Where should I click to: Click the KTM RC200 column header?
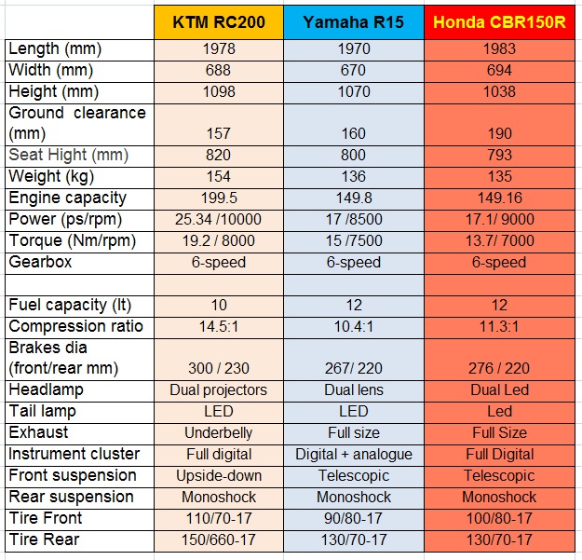[x=218, y=21]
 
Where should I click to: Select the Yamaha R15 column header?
[x=354, y=21]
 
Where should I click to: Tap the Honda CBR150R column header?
[x=499, y=21]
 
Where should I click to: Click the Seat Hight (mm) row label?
[x=69, y=155]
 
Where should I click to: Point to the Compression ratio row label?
[x=76, y=326]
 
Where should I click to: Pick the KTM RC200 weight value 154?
[x=218, y=177]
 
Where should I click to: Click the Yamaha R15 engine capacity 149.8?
[x=354, y=198]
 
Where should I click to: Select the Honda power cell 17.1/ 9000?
[x=499, y=220]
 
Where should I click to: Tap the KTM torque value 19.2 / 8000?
[x=218, y=241]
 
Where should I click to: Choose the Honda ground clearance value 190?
[x=499, y=134]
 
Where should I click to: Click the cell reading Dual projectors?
[x=218, y=390]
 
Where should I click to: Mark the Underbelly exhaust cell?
[x=218, y=433]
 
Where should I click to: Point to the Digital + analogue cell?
[x=354, y=455]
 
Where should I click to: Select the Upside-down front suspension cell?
[x=218, y=476]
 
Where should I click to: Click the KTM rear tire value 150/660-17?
[x=218, y=540]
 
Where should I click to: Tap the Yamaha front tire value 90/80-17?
[x=354, y=519]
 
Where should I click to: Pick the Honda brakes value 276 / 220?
[x=499, y=369]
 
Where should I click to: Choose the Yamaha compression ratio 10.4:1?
[x=354, y=327]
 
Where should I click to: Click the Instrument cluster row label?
[x=74, y=454]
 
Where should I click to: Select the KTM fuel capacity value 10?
[x=218, y=306]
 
